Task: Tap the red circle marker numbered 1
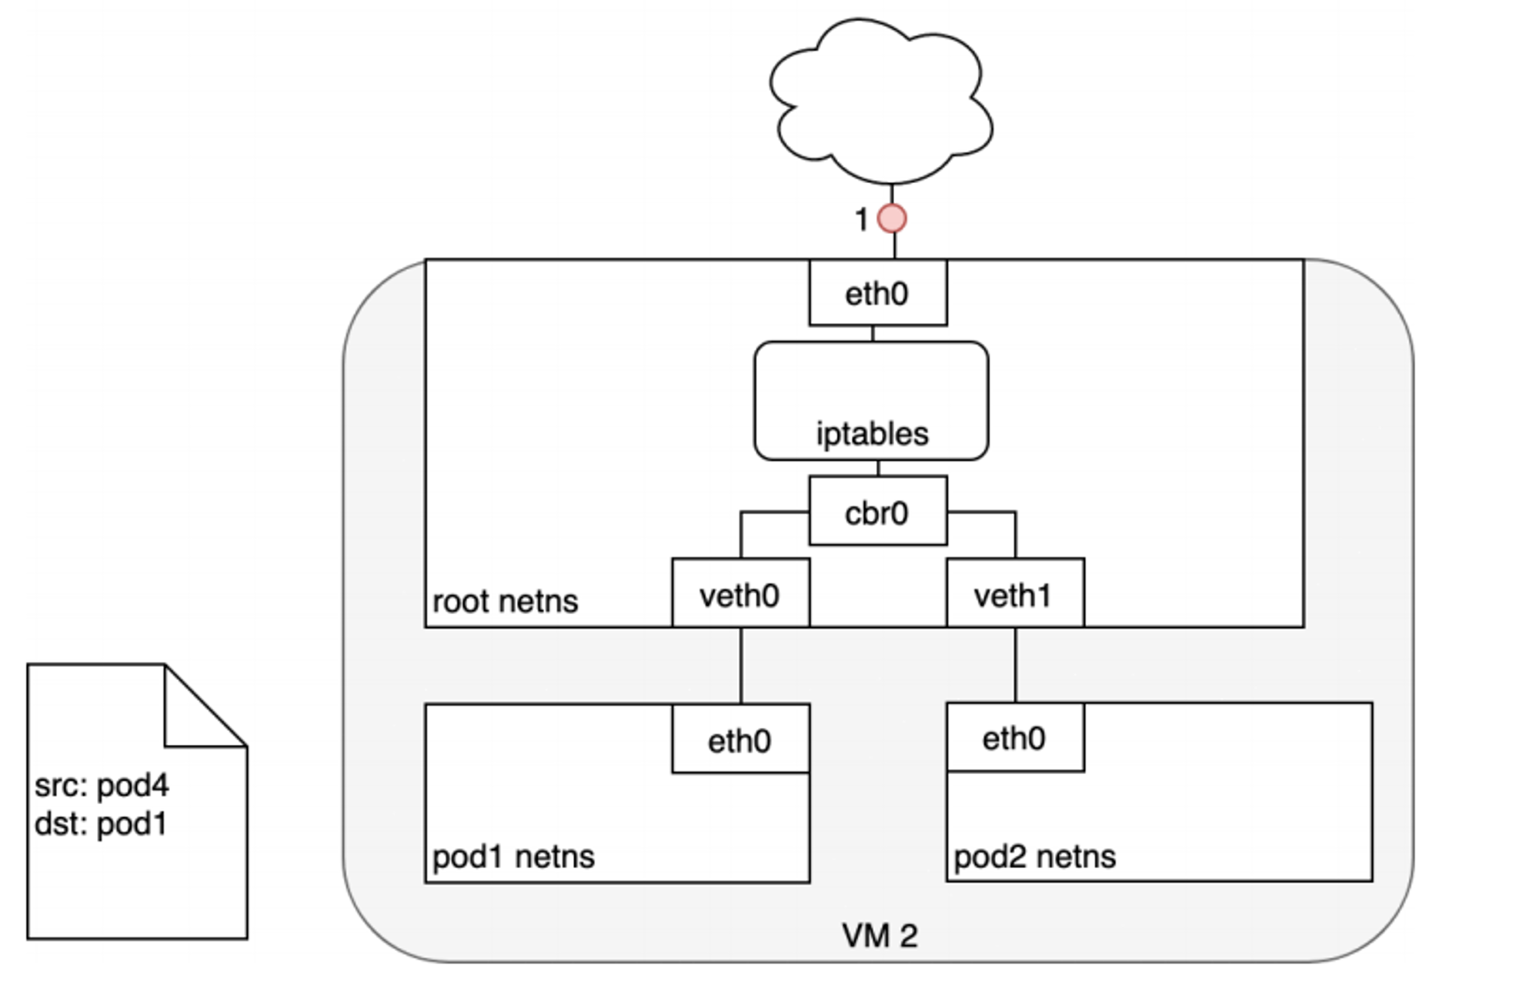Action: click(x=892, y=219)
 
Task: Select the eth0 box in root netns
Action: click(x=878, y=292)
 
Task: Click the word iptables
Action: click(x=872, y=434)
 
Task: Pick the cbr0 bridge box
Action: click(x=878, y=511)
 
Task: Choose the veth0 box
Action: click(x=741, y=593)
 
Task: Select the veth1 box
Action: click(x=1016, y=593)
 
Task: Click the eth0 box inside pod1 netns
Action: click(x=741, y=739)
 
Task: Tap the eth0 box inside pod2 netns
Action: click(x=1016, y=737)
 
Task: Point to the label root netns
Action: click(x=505, y=602)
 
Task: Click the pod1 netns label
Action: click(x=513, y=856)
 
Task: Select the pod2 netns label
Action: click(x=1034, y=856)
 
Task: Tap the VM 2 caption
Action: click(x=880, y=936)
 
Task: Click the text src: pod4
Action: click(x=102, y=786)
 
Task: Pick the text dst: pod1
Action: click(x=101, y=824)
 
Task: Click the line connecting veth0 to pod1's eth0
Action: click(x=741, y=666)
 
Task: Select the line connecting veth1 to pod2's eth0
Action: click(x=1016, y=665)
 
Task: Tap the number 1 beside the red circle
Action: click(x=862, y=220)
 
